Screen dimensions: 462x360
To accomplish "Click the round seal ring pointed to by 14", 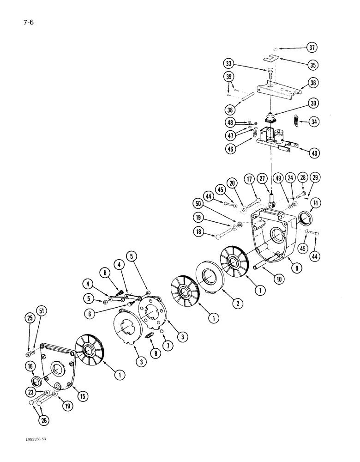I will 306,217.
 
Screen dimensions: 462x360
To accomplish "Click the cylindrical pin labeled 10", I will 258,268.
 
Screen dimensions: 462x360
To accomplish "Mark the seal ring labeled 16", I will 36,382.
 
